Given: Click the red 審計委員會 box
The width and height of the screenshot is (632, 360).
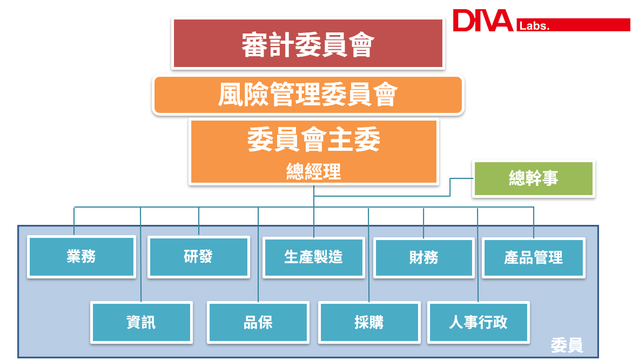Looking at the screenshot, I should pyautogui.click(x=307, y=44).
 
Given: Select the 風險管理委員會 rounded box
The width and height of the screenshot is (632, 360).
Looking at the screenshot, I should pyautogui.click(x=308, y=96).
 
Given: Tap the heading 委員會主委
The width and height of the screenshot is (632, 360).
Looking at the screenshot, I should pyautogui.click(x=313, y=140).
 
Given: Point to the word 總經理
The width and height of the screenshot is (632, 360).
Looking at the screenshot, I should pyautogui.click(x=313, y=172).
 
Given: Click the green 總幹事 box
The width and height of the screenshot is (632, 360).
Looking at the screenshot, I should pyautogui.click(x=534, y=178).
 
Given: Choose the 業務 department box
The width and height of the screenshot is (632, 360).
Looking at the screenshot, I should pyautogui.click(x=82, y=257).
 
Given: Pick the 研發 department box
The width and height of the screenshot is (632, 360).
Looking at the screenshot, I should pyautogui.click(x=199, y=257).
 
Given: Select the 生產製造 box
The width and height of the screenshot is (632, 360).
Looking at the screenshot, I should pyautogui.click(x=314, y=257).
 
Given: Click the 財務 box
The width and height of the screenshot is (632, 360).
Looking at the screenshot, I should pyautogui.click(x=423, y=258).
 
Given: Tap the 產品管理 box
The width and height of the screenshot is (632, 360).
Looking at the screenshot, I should pyautogui.click(x=534, y=258).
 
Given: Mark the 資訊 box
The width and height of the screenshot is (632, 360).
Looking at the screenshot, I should pyautogui.click(x=141, y=322).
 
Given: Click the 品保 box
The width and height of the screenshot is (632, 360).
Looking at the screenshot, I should pyautogui.click(x=258, y=322).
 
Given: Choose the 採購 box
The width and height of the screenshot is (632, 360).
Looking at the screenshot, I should pyautogui.click(x=369, y=323).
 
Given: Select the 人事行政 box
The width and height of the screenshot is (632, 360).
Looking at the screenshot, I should pyautogui.click(x=479, y=322).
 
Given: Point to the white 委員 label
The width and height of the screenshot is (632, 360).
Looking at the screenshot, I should pyautogui.click(x=567, y=345).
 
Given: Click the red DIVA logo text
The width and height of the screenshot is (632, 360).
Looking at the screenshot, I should pyautogui.click(x=482, y=21).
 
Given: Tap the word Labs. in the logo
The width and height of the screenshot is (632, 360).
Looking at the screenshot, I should pyautogui.click(x=533, y=26).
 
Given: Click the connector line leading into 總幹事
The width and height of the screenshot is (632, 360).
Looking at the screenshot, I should pyautogui.click(x=462, y=178).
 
